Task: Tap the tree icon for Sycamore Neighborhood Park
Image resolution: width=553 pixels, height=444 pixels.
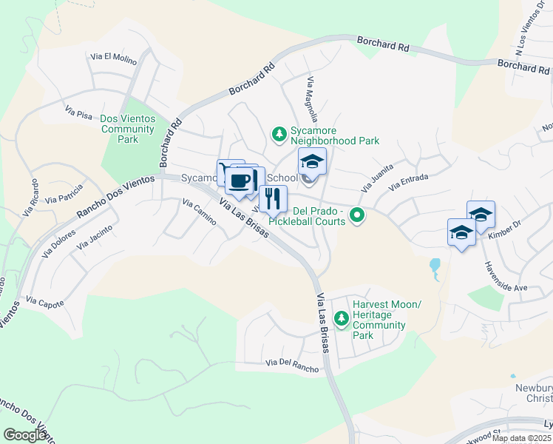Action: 279,134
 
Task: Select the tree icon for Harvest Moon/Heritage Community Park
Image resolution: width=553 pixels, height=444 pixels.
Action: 341,319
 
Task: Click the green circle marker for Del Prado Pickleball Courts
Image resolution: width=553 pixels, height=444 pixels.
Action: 357,216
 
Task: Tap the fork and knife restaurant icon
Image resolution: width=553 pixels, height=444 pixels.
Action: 273,198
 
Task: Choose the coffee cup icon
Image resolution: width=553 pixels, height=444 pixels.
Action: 240,181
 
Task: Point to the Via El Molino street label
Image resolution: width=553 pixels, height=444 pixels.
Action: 111,56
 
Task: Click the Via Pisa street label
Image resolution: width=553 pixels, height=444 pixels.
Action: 78,112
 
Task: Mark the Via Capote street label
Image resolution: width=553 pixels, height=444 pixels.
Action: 44,302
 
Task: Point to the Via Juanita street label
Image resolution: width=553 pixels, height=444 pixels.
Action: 374,178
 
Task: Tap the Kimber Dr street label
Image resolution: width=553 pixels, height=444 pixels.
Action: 505,234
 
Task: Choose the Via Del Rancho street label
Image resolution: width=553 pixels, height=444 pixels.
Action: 293,365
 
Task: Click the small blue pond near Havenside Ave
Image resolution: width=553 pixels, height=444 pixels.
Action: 435,266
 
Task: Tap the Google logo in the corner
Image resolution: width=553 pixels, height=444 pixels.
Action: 25,435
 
